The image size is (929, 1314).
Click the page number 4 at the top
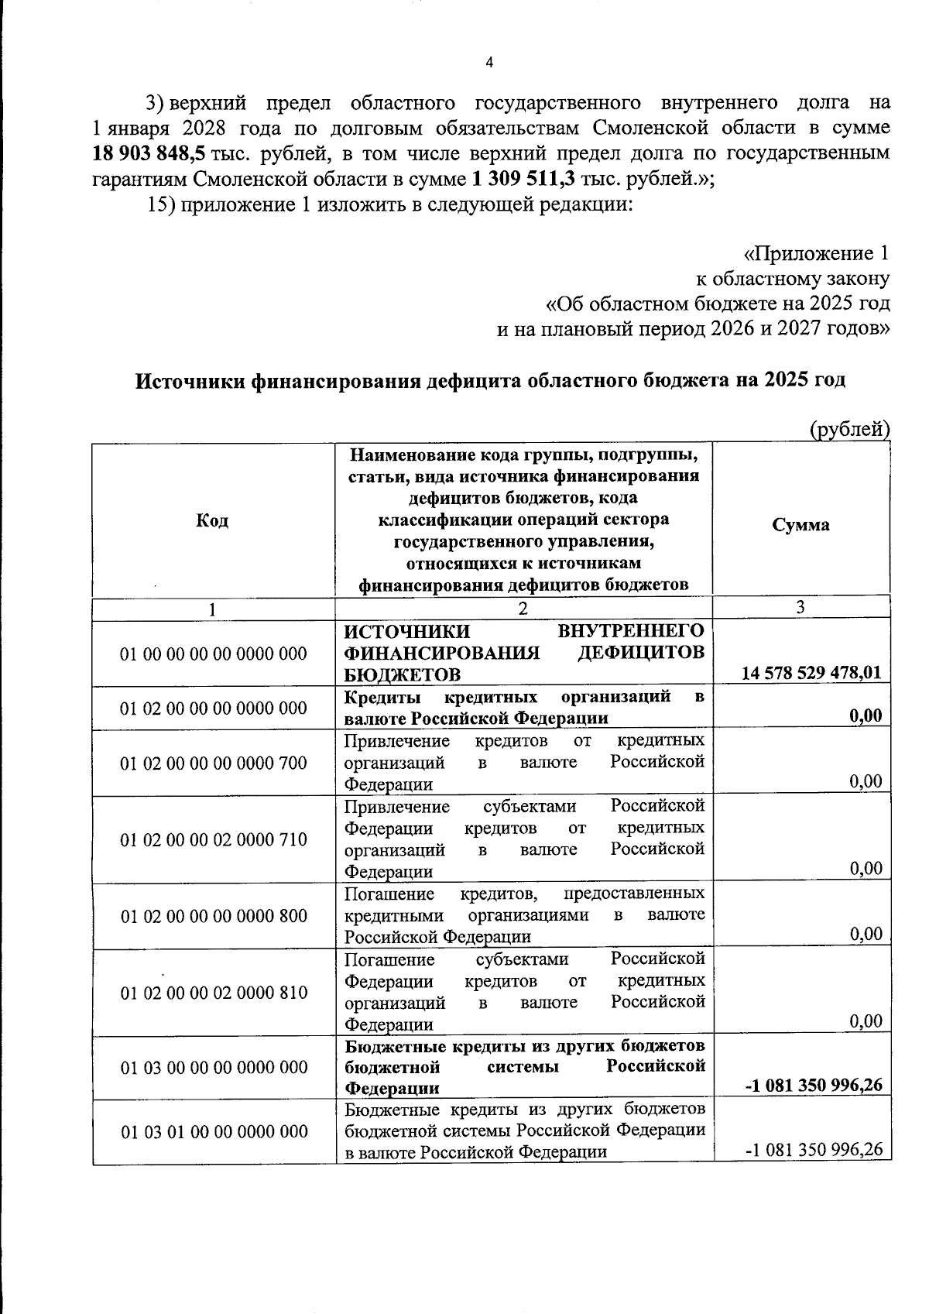click(488, 63)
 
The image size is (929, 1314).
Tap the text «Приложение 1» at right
click(816, 253)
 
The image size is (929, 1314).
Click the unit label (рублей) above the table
click(849, 429)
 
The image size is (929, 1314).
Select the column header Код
click(212, 521)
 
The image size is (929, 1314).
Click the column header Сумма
click(800, 525)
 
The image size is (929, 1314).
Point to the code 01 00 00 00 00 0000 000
click(214, 654)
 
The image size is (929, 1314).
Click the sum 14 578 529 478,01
click(811, 673)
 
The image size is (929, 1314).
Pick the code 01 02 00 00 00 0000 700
click(214, 763)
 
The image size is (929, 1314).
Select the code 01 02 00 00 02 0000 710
click(214, 840)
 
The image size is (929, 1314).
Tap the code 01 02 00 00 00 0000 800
click(214, 917)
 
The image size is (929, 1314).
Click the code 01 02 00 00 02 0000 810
click(214, 993)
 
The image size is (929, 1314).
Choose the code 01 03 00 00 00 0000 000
click(214, 1068)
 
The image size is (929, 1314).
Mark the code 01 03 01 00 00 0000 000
click(214, 1132)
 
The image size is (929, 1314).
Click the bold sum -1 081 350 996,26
click(814, 1086)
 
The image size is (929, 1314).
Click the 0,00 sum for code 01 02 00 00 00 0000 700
click(866, 781)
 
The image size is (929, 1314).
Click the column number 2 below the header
click(523, 609)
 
